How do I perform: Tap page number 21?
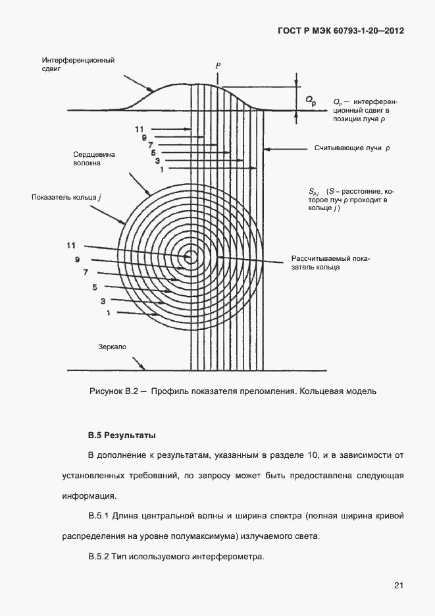point(399,584)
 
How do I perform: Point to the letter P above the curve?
point(217,67)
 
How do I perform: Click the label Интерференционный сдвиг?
point(78,65)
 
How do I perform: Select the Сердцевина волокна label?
point(94,159)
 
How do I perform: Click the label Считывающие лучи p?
point(352,149)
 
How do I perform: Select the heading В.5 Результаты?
point(122,435)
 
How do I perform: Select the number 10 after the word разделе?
point(300,455)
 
